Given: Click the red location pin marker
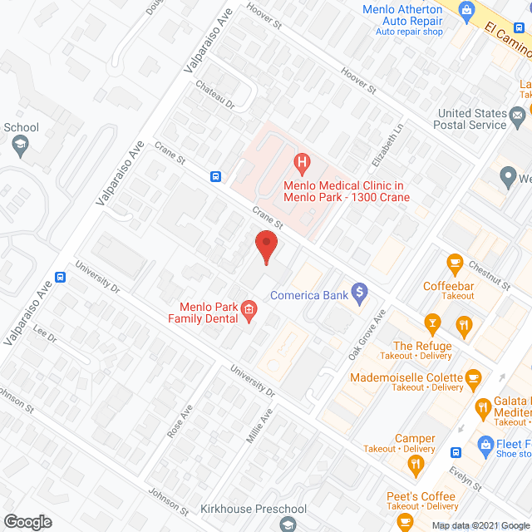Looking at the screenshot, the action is pyautogui.click(x=265, y=247).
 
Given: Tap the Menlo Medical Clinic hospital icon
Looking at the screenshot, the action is pyautogui.click(x=303, y=160).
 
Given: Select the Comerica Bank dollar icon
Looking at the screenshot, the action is pyautogui.click(x=360, y=292).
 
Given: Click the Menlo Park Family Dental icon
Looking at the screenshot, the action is pyautogui.click(x=248, y=312).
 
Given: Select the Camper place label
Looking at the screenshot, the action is pyautogui.click(x=415, y=439).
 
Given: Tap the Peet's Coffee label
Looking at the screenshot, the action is pyautogui.click(x=421, y=496).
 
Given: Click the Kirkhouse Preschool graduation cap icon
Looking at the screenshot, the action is pyautogui.click(x=288, y=524).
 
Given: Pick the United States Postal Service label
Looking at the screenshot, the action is pyautogui.click(x=472, y=119).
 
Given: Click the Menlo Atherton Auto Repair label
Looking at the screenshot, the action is pyautogui.click(x=402, y=15).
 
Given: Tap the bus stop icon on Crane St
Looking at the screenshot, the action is pyautogui.click(x=215, y=175).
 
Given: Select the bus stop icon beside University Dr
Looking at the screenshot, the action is pyautogui.click(x=60, y=277).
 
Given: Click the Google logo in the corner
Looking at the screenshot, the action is pyautogui.click(x=27, y=521).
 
